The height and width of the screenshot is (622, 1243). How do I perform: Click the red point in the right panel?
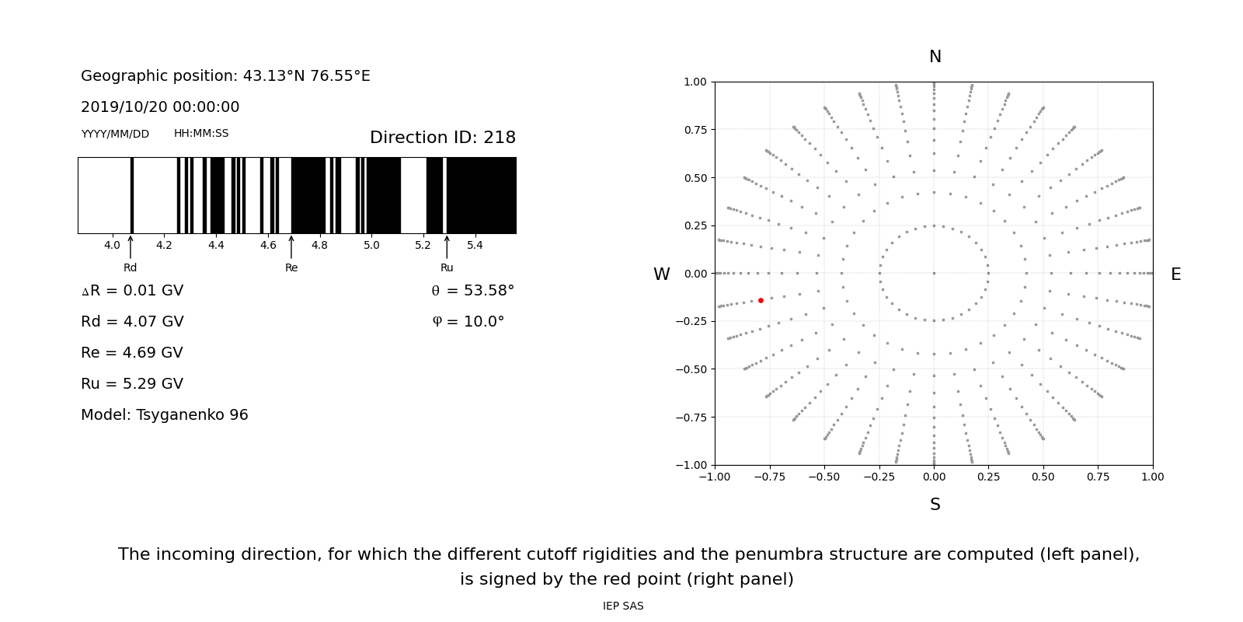pyautogui.click(x=761, y=300)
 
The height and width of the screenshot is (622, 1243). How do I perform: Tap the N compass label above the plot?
pyautogui.click(x=935, y=57)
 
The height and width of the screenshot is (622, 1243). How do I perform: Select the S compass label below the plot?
pyautogui.click(x=935, y=505)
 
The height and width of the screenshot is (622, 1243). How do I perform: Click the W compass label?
pyautogui.click(x=661, y=274)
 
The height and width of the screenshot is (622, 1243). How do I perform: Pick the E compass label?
pyautogui.click(x=1175, y=274)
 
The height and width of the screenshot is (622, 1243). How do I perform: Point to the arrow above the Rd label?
pyautogui.click(x=131, y=246)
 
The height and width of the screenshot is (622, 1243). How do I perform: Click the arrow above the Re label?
pyautogui.click(x=291, y=246)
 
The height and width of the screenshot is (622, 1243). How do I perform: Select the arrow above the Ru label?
pyautogui.click(x=447, y=246)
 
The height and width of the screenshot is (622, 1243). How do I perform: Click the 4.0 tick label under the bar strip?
pyautogui.click(x=112, y=246)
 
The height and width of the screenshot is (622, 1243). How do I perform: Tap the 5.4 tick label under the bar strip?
pyautogui.click(x=475, y=246)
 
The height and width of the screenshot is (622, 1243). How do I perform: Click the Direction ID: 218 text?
pyautogui.click(x=443, y=138)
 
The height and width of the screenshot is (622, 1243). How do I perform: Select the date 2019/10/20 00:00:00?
pyautogui.click(x=160, y=107)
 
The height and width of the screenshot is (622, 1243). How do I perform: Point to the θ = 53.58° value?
pyautogui.click(x=472, y=291)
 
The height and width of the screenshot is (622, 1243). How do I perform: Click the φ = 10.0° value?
pyautogui.click(x=468, y=322)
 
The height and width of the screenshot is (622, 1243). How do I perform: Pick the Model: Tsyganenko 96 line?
pyautogui.click(x=165, y=415)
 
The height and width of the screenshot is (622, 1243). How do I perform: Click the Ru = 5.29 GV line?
pyautogui.click(x=132, y=384)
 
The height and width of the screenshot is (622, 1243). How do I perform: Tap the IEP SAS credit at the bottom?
pyautogui.click(x=623, y=606)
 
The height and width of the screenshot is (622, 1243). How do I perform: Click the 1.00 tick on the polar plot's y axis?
pyautogui.click(x=695, y=82)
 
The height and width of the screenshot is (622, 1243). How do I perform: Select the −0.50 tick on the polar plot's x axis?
pyautogui.click(x=824, y=477)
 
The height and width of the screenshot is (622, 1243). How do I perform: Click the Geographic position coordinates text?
pyautogui.click(x=225, y=76)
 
